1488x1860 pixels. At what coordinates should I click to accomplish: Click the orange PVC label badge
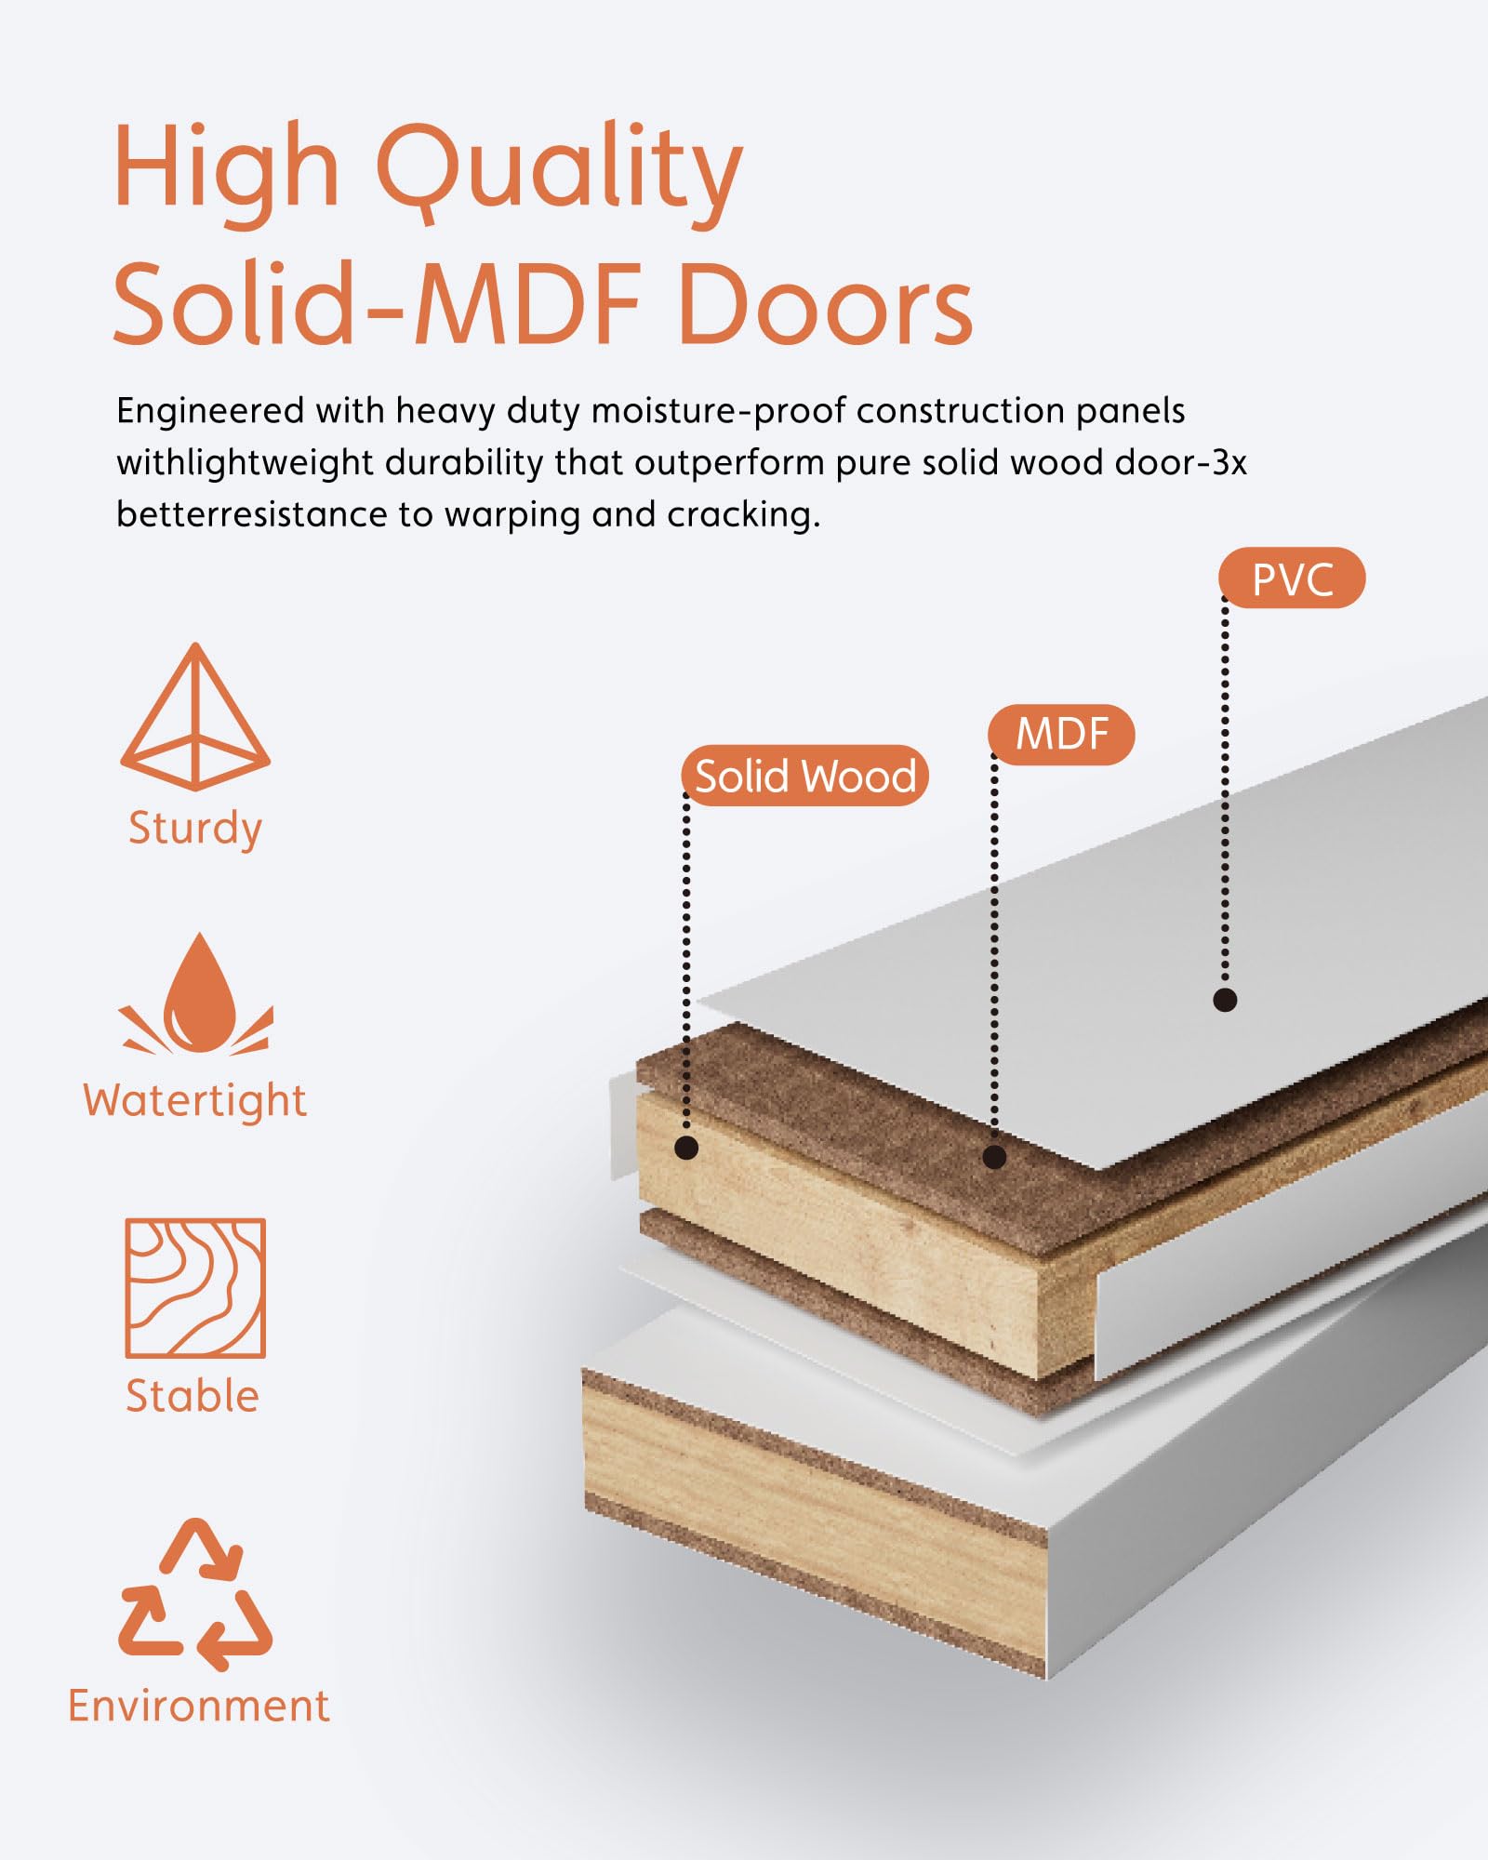[1292, 578]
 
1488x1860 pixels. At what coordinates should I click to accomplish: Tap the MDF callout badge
[1061, 735]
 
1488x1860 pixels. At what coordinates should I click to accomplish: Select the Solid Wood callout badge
[805, 776]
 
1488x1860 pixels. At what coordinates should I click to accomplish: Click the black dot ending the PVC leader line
[1225, 1000]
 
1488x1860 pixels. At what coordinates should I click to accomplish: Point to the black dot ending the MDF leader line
[994, 1157]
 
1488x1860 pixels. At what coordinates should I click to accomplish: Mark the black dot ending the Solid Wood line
[686, 1148]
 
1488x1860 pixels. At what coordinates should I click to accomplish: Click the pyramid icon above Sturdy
[195, 716]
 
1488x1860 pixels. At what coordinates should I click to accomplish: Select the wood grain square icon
[195, 1288]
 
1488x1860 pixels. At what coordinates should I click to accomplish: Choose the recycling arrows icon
[195, 1594]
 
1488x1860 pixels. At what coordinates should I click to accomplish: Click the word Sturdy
[195, 829]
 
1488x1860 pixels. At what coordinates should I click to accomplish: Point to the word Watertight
[194, 1101]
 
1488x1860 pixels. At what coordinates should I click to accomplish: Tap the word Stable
[193, 1396]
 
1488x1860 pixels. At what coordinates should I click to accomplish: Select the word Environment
[199, 1706]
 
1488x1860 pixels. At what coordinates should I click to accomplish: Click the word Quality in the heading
[559, 173]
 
